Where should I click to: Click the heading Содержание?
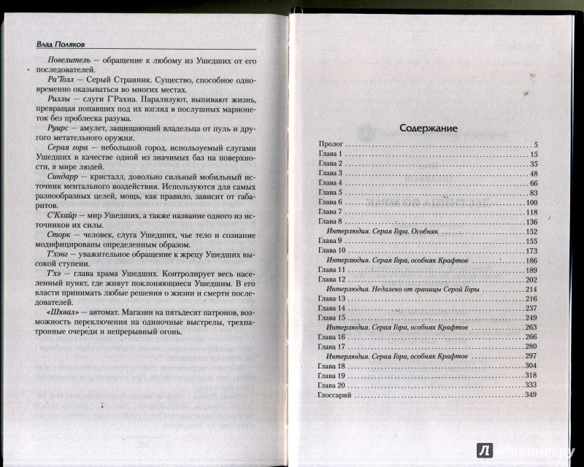coord(428,128)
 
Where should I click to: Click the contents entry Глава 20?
coord(334,385)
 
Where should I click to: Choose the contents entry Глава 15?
coord(334,317)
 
